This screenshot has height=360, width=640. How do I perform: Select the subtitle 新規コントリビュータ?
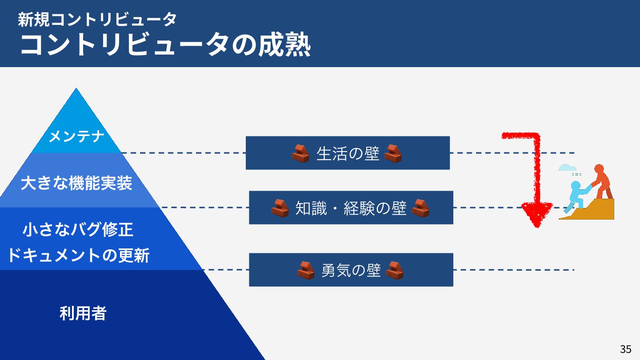coord(97,19)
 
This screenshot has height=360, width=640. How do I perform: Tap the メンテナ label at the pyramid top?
coord(76,136)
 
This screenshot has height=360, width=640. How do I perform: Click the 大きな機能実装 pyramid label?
coord(76,183)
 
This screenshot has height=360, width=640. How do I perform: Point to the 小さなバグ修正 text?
coord(78,230)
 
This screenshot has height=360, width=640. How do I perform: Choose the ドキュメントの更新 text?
coord(78,256)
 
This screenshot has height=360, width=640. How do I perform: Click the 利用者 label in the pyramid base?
coord(83,314)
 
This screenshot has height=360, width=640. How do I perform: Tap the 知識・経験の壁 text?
coord(351,208)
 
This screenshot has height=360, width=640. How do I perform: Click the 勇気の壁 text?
coord(351,270)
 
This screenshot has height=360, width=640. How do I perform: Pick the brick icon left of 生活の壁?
coord(300,154)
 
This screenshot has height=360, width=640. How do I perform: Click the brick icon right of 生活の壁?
coord(393,154)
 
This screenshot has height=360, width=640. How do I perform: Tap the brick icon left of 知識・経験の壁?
coord(280,208)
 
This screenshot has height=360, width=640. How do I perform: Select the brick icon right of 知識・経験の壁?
coord(420,208)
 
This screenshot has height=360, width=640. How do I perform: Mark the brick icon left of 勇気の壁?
coord(306,270)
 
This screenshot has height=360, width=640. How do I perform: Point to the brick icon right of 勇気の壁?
coord(395,270)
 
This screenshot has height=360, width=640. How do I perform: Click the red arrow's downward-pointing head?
coord(537,213)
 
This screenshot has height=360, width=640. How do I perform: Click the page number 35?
coord(625,349)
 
